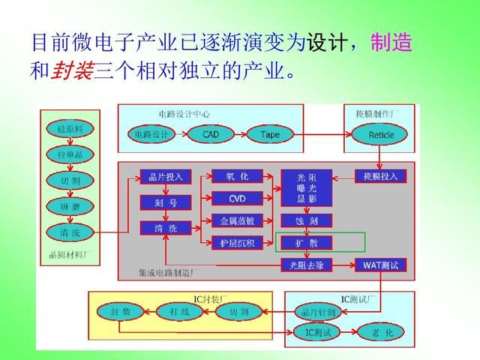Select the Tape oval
[270, 134]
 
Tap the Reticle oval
[381, 134]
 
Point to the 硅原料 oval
[69, 128]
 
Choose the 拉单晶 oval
[69, 154]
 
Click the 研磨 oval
[69, 205]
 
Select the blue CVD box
[237, 198]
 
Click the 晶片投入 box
[166, 177]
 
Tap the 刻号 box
[166, 202]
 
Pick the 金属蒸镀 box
[237, 220]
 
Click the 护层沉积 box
[237, 241]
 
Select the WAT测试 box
[380, 265]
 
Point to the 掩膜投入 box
[380, 176]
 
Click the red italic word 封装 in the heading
[73, 73]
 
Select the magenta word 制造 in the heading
[391, 43]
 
